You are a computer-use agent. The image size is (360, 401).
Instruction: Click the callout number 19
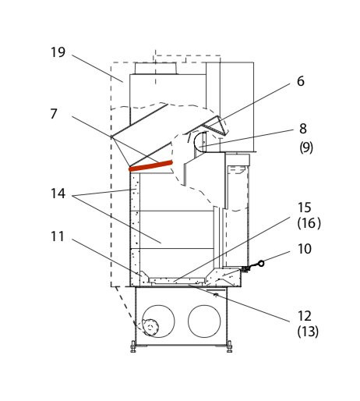coord(58,52)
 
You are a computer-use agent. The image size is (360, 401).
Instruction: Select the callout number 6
coord(301,81)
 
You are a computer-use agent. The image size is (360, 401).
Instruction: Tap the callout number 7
coord(54,114)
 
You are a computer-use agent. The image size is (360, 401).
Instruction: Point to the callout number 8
coord(303,129)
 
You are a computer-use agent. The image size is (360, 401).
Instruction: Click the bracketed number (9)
coord(306,147)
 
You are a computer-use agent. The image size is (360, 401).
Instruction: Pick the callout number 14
coord(58,193)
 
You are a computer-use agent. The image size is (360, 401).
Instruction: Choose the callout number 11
coord(57,236)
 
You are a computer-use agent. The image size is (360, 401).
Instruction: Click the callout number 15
coord(304,208)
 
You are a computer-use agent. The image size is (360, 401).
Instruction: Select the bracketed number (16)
coord(309,223)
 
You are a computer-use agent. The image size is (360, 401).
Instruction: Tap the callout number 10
coord(305,249)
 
